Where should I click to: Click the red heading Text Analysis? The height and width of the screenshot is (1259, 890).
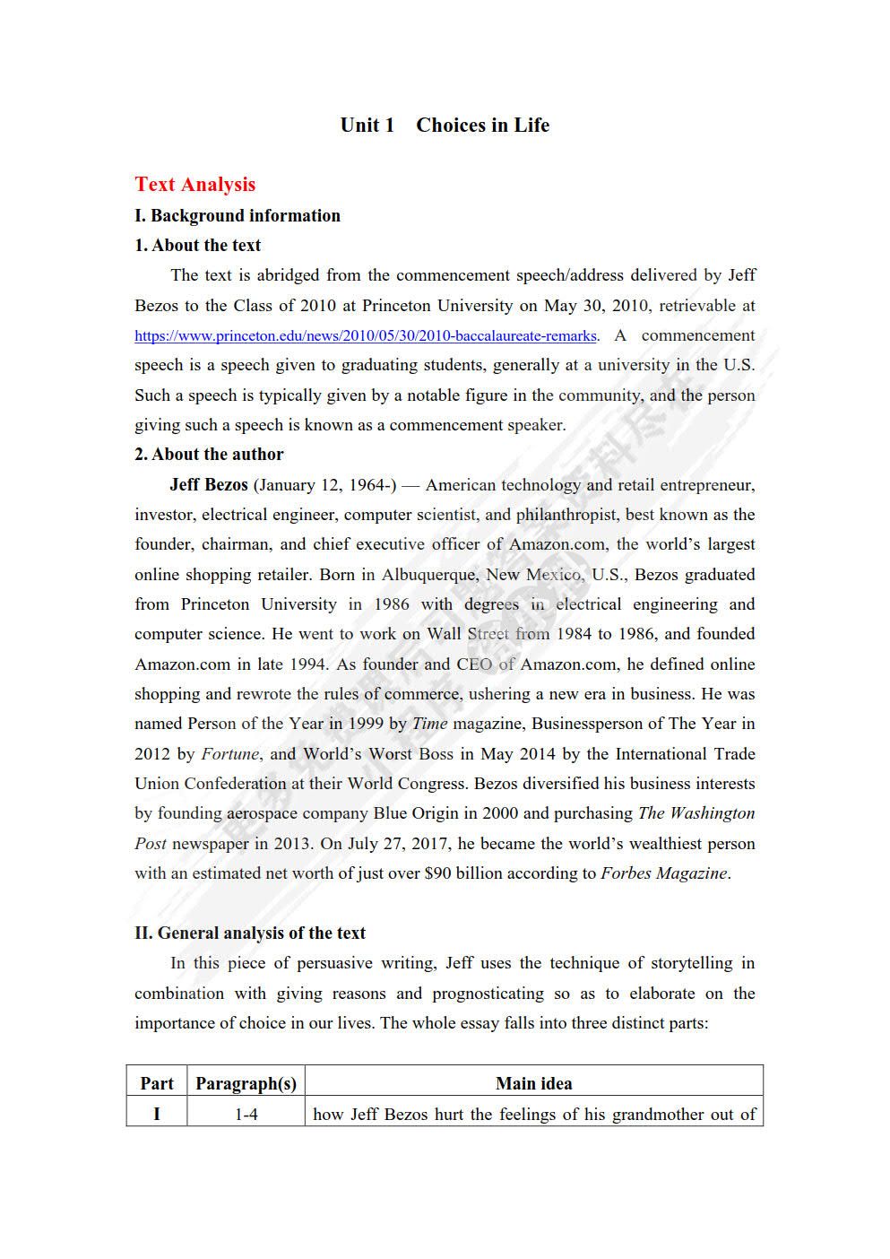(x=194, y=185)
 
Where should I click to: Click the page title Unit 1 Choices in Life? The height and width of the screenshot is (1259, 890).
(x=445, y=126)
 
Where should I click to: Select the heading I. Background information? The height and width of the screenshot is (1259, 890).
(x=238, y=215)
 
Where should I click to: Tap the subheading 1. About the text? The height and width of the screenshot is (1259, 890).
(x=197, y=245)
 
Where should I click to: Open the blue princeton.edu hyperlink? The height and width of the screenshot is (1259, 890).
(x=365, y=336)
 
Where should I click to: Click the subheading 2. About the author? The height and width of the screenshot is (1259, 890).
(x=209, y=454)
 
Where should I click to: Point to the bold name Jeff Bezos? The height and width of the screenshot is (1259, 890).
(x=208, y=484)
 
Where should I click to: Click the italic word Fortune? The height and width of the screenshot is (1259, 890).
(x=230, y=754)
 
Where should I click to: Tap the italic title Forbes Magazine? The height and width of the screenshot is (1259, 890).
(x=664, y=873)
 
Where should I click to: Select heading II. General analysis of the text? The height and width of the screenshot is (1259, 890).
(x=250, y=933)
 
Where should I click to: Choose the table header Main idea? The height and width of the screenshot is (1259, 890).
(x=533, y=1083)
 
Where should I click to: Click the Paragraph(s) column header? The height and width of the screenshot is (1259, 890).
(x=246, y=1083)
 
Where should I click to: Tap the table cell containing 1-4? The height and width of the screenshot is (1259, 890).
(x=246, y=1115)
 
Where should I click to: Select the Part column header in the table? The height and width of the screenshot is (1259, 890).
(x=157, y=1083)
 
